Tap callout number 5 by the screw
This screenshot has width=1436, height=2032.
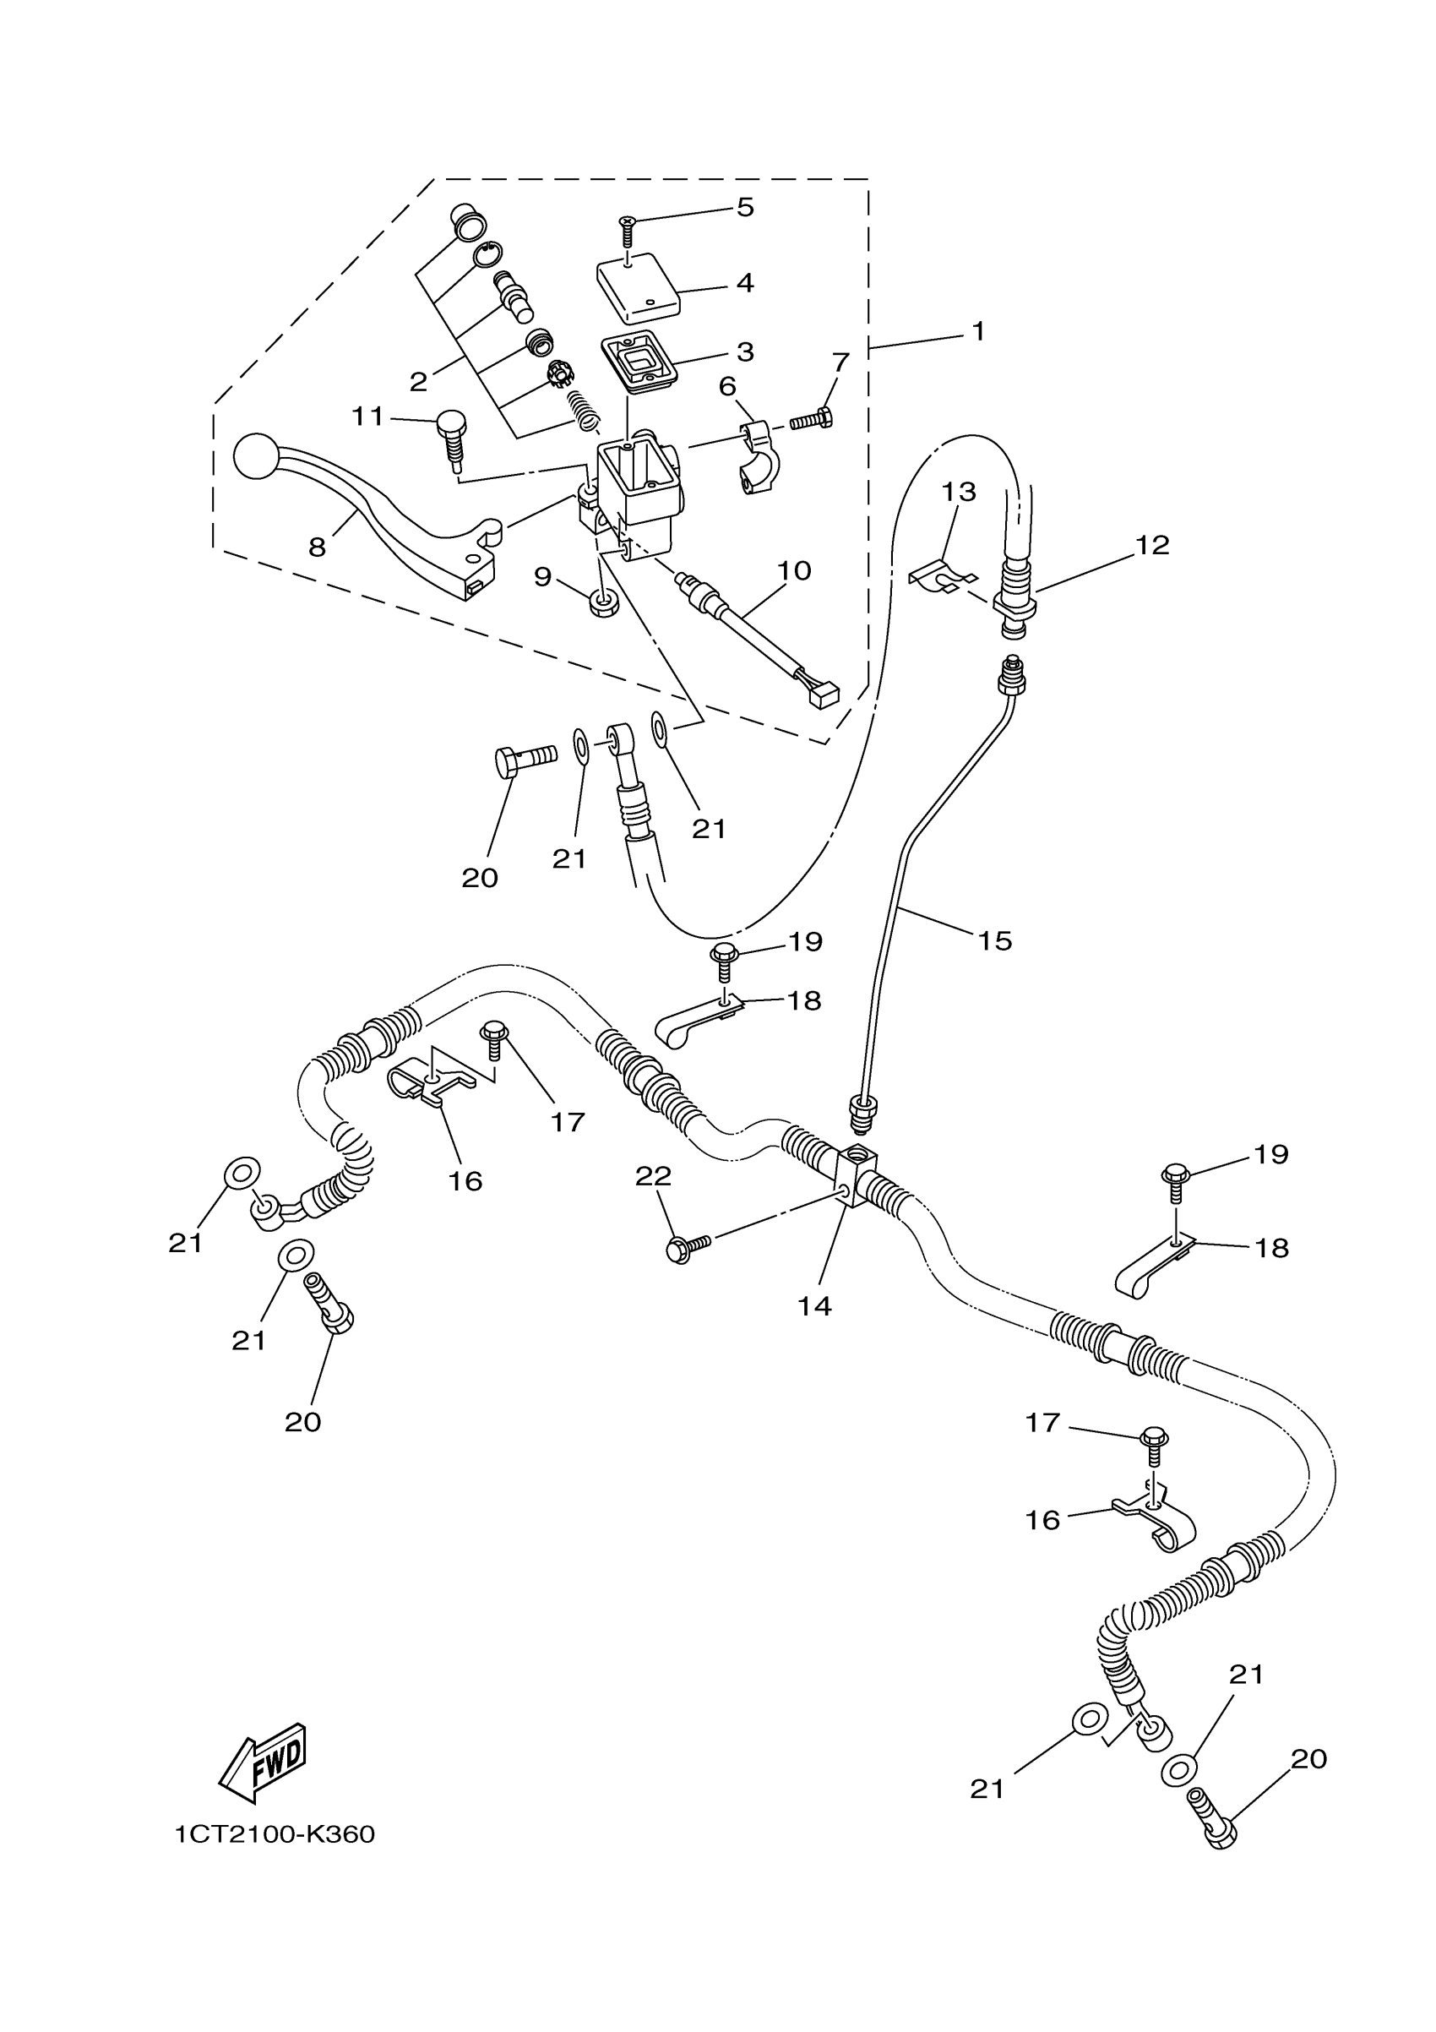[x=745, y=207]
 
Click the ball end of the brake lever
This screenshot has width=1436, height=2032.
[x=257, y=455]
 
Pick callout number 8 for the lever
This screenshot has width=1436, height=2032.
[x=317, y=547]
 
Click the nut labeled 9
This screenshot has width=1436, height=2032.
[x=603, y=604]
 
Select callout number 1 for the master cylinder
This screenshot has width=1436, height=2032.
[x=977, y=332]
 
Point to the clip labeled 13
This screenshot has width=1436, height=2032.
[x=940, y=577]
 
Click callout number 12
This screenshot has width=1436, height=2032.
[x=1152, y=545]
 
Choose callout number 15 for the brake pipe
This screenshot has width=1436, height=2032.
[x=994, y=940]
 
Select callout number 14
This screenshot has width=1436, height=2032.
[x=814, y=1306]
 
